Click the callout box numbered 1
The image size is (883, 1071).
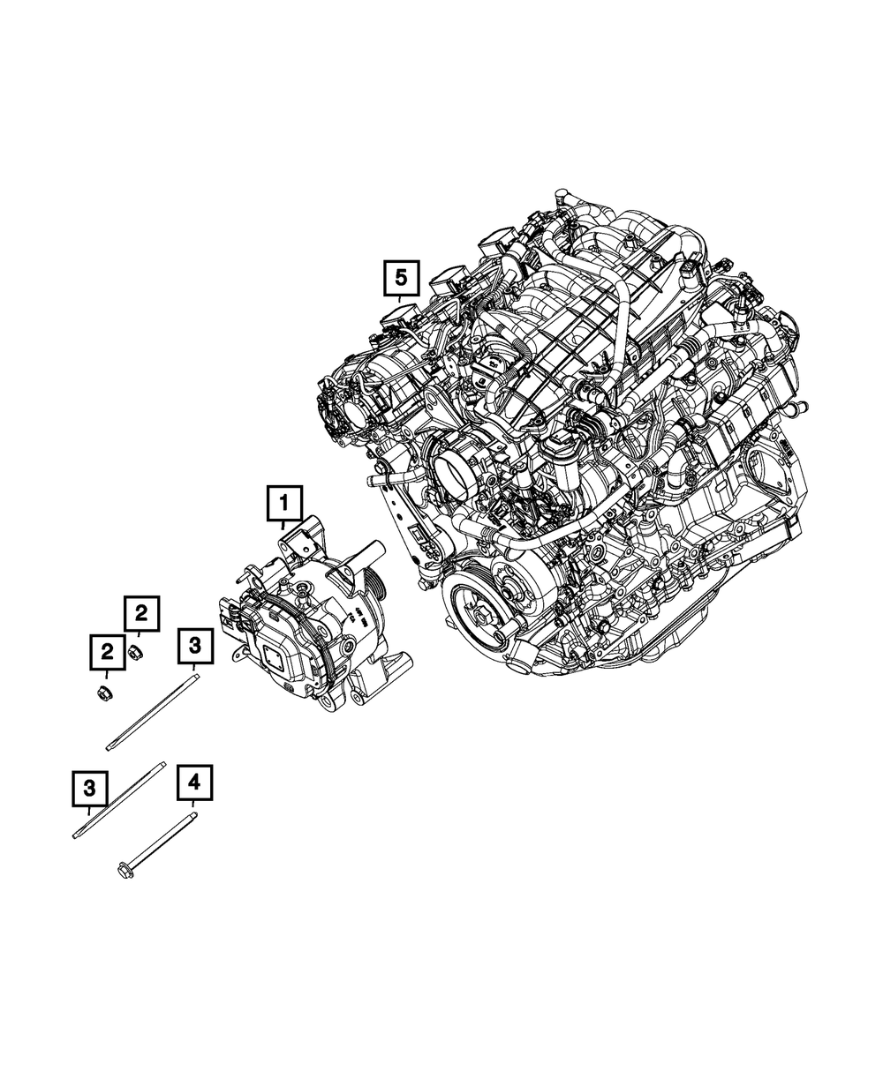[284, 505]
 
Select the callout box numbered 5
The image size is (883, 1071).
[401, 281]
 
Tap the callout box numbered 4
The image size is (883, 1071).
[195, 782]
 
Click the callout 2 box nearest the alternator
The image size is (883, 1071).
[142, 614]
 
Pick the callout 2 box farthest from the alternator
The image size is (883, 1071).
[108, 653]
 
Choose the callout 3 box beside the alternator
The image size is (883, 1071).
[195, 647]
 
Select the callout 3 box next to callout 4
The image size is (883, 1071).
[90, 785]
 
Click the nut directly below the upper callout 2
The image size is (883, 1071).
[136, 654]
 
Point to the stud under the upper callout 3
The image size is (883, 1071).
[152, 711]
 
